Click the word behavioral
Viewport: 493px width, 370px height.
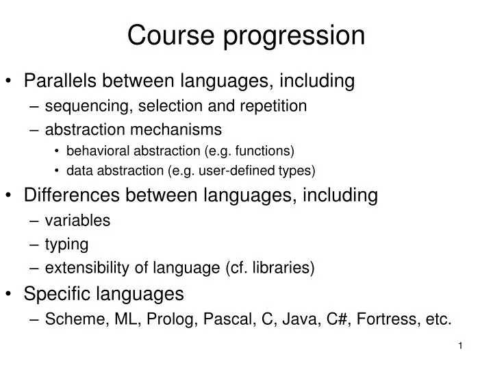pos(96,150)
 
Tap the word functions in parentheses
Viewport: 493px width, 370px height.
pos(266,150)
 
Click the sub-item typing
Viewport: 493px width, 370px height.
pos(66,244)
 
